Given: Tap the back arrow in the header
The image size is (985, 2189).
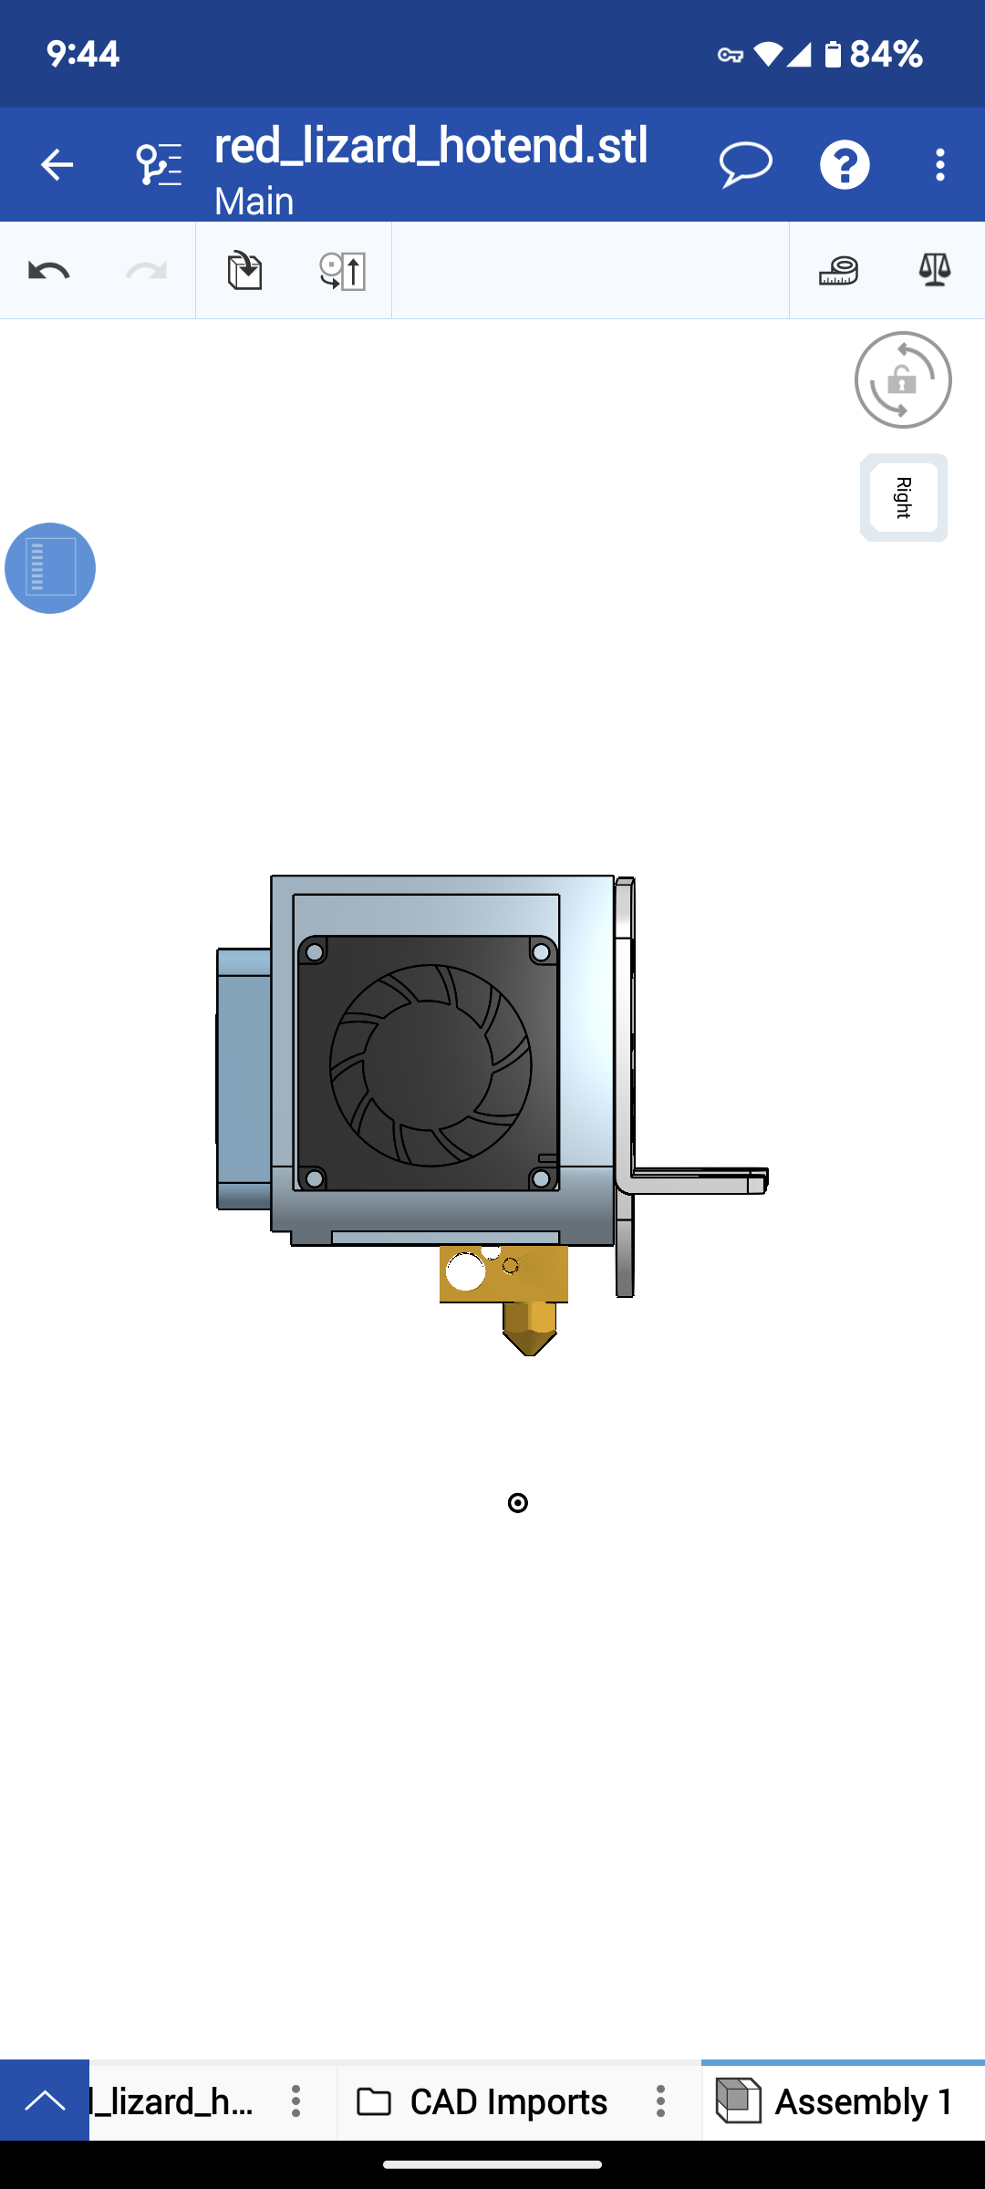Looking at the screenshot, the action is click(57, 165).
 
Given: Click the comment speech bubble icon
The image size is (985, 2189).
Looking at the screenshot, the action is click(746, 165).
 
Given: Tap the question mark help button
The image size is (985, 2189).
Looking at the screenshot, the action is click(845, 165).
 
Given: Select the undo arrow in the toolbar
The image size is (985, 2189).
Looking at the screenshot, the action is click(49, 271).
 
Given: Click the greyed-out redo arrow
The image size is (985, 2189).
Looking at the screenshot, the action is click(146, 271).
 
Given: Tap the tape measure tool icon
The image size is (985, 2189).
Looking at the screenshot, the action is click(838, 271).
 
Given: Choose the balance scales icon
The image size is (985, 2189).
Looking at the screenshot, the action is click(935, 271).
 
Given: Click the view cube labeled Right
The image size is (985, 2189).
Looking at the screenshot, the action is click(904, 498).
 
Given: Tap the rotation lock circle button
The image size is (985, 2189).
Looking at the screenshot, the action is click(903, 379).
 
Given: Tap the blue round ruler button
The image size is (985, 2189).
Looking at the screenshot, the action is click(50, 568).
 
